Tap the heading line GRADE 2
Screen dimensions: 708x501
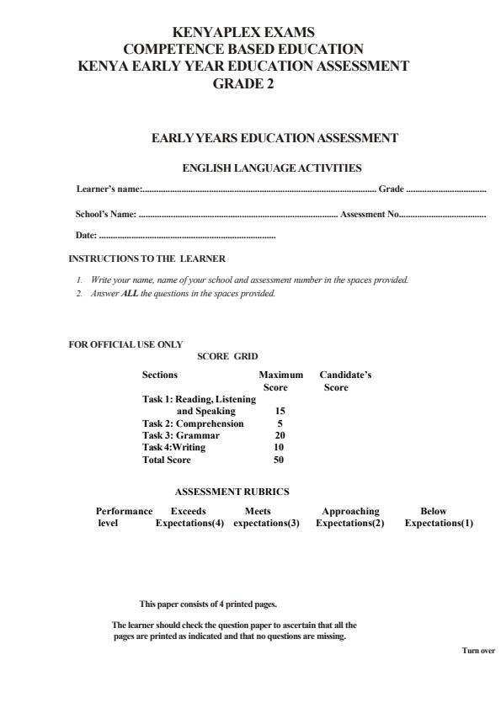(x=243, y=83)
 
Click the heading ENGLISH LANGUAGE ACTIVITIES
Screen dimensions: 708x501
(x=273, y=168)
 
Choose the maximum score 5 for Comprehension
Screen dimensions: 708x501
(x=280, y=423)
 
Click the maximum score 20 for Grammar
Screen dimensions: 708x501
(x=280, y=435)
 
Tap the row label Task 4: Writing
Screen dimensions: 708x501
(x=174, y=447)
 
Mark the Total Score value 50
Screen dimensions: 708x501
(x=279, y=460)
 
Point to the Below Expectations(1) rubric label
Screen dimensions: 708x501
(x=438, y=517)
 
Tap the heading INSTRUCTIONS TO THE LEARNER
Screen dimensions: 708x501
(x=147, y=258)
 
